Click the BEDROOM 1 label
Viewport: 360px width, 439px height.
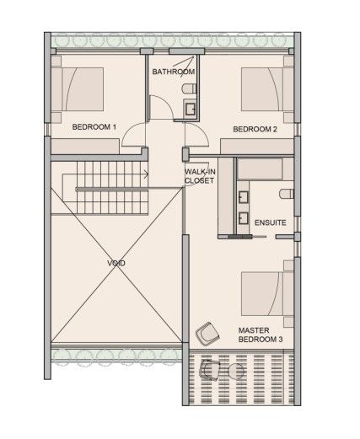coord(94,126)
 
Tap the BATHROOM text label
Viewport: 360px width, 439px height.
coord(173,72)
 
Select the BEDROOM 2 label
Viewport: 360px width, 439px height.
coord(255,129)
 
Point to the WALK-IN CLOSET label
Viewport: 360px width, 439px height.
coord(201,175)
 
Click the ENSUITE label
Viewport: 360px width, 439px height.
coord(270,222)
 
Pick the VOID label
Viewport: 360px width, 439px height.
coord(116,264)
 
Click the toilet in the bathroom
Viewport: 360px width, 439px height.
coord(193,88)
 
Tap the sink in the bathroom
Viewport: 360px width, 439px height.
coord(191,107)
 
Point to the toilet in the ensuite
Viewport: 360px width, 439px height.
coord(286,195)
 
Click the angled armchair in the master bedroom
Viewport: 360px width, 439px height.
coord(204,334)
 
